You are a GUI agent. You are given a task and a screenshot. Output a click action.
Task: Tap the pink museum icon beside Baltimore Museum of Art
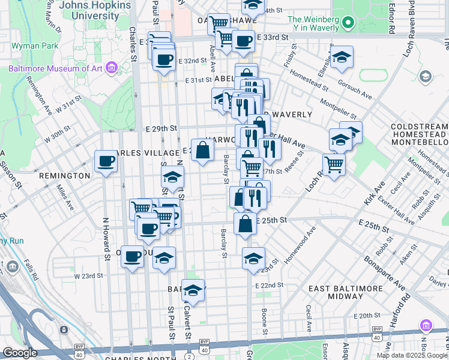[x=110, y=68]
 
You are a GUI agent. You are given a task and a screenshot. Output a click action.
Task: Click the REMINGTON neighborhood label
[x=64, y=176]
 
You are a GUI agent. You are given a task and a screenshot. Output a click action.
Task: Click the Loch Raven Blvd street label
[x=411, y=30]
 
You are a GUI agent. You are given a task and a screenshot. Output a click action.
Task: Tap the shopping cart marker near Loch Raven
[x=334, y=164]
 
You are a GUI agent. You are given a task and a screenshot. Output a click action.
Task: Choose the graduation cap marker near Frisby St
[x=342, y=58]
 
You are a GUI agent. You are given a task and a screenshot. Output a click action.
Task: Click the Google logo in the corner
[x=20, y=353]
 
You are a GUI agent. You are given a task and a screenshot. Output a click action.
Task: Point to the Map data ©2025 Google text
[x=411, y=355]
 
